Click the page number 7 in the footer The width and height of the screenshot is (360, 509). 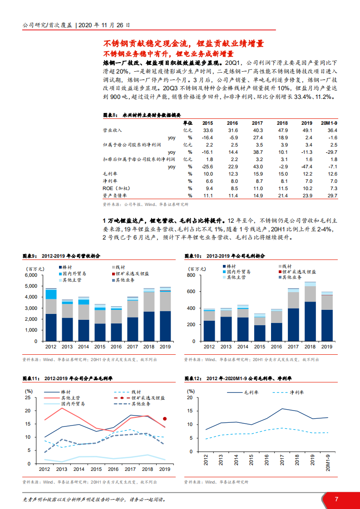click(336, 499)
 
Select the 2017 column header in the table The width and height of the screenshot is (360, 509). click(257, 123)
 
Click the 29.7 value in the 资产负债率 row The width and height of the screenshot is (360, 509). click(333, 195)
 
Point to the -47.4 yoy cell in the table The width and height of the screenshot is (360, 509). click(307, 166)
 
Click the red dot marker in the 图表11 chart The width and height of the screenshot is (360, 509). click(165, 419)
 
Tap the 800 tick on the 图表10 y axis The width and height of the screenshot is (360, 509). click(191, 275)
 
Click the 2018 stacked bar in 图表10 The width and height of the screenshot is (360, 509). click(311, 313)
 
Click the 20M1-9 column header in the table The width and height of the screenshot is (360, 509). click(330, 123)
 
